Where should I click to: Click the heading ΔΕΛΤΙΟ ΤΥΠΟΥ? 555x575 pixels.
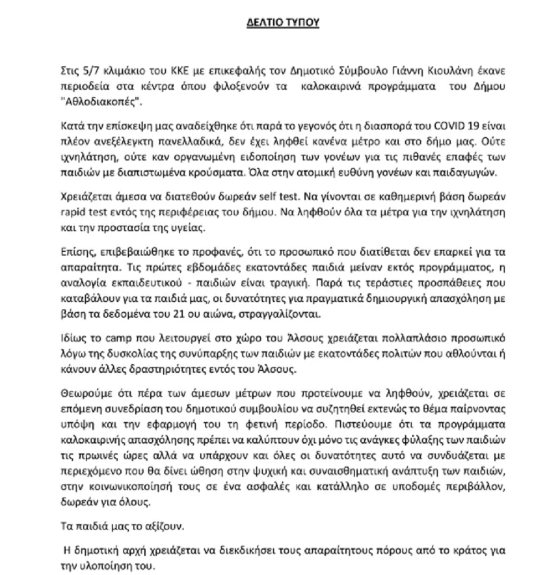tap(283, 22)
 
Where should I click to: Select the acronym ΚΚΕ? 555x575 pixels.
tap(180, 71)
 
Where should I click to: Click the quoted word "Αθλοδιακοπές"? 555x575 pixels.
tap(101, 102)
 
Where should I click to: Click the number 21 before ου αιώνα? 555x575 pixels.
tap(176, 314)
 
